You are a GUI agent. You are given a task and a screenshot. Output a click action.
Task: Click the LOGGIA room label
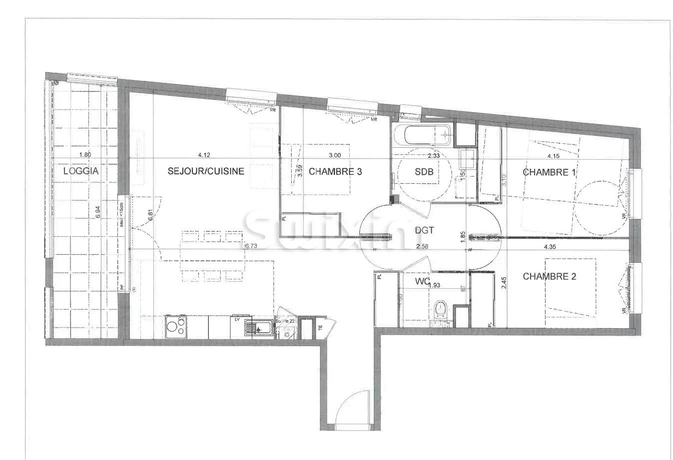[x=81, y=171]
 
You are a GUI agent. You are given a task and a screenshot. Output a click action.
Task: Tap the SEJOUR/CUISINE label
[x=205, y=171]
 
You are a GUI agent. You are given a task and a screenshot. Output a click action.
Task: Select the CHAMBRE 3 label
[x=335, y=172]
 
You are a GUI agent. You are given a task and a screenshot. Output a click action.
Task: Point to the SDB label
[x=424, y=172]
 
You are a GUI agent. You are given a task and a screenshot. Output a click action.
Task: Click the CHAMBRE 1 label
[x=546, y=172]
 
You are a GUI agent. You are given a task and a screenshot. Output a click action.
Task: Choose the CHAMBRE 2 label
[x=546, y=276]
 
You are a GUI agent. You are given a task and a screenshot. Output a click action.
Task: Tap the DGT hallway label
[x=424, y=230]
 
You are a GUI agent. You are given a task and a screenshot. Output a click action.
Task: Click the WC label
[x=423, y=281]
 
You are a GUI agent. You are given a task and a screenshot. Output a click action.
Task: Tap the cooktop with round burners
[x=175, y=327]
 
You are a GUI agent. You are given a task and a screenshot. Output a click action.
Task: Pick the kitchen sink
[x=258, y=327]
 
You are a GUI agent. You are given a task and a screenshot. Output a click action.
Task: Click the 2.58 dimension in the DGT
[x=422, y=246]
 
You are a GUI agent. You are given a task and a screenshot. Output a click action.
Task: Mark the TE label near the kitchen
[x=321, y=328]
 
